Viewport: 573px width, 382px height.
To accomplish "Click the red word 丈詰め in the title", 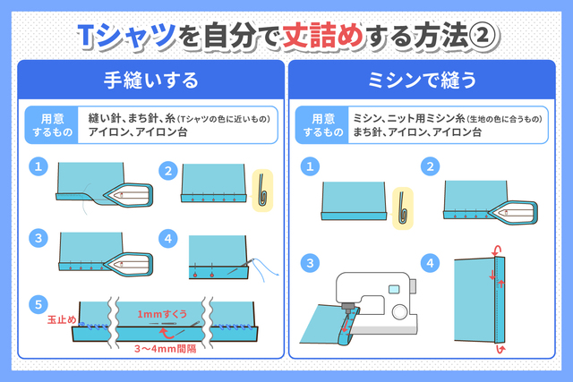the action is click(322, 36).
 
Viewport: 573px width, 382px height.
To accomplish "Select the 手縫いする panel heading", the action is click(151, 81).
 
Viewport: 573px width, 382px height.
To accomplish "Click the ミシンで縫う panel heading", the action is click(422, 81).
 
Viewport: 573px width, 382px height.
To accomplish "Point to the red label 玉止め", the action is click(62, 319).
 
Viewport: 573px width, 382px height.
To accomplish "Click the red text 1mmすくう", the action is click(162, 314).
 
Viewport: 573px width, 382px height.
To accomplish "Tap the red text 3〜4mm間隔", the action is click(165, 349).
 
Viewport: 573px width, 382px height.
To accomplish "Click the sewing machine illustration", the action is click(376, 303).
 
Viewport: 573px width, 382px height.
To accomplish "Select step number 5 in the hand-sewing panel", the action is click(38, 304).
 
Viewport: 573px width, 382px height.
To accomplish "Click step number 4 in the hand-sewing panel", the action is click(168, 239).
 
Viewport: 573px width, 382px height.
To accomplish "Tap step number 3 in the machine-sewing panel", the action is click(310, 263).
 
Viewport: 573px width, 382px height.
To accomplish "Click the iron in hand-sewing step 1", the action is click(129, 195).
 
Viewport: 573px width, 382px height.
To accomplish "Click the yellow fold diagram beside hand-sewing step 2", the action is click(262, 191).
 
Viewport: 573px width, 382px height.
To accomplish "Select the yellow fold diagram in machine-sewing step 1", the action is click(403, 208).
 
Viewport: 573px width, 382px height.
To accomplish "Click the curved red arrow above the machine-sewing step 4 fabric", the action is click(496, 250).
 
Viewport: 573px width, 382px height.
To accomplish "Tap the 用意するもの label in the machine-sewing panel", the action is click(322, 125).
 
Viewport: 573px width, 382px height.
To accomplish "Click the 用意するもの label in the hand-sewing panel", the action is click(52, 125).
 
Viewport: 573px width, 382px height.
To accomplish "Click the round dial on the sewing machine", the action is click(399, 311).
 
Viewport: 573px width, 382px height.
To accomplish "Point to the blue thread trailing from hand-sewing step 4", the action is click(265, 269).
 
